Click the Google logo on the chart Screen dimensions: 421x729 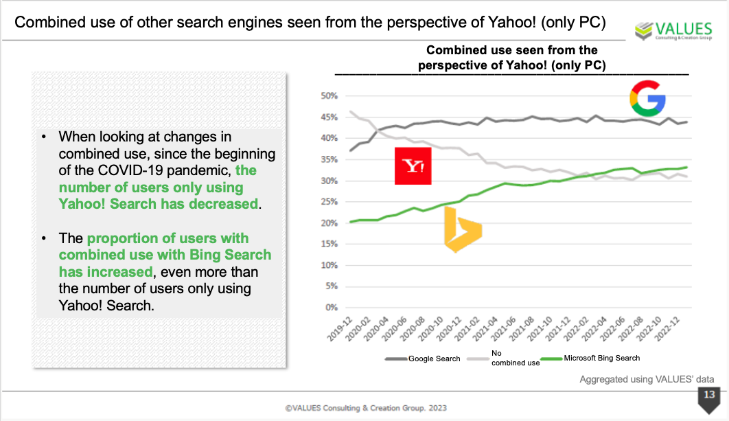[648, 98]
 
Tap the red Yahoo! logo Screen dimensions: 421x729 [413, 166]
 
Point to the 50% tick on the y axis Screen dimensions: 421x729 [329, 95]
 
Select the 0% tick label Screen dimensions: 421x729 [331, 307]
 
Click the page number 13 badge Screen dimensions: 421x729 [708, 395]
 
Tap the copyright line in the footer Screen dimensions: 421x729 [366, 408]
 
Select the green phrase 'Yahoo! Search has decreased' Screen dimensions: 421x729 [159, 204]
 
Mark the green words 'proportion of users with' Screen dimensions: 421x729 [167, 238]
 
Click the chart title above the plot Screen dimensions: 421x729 [511, 58]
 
